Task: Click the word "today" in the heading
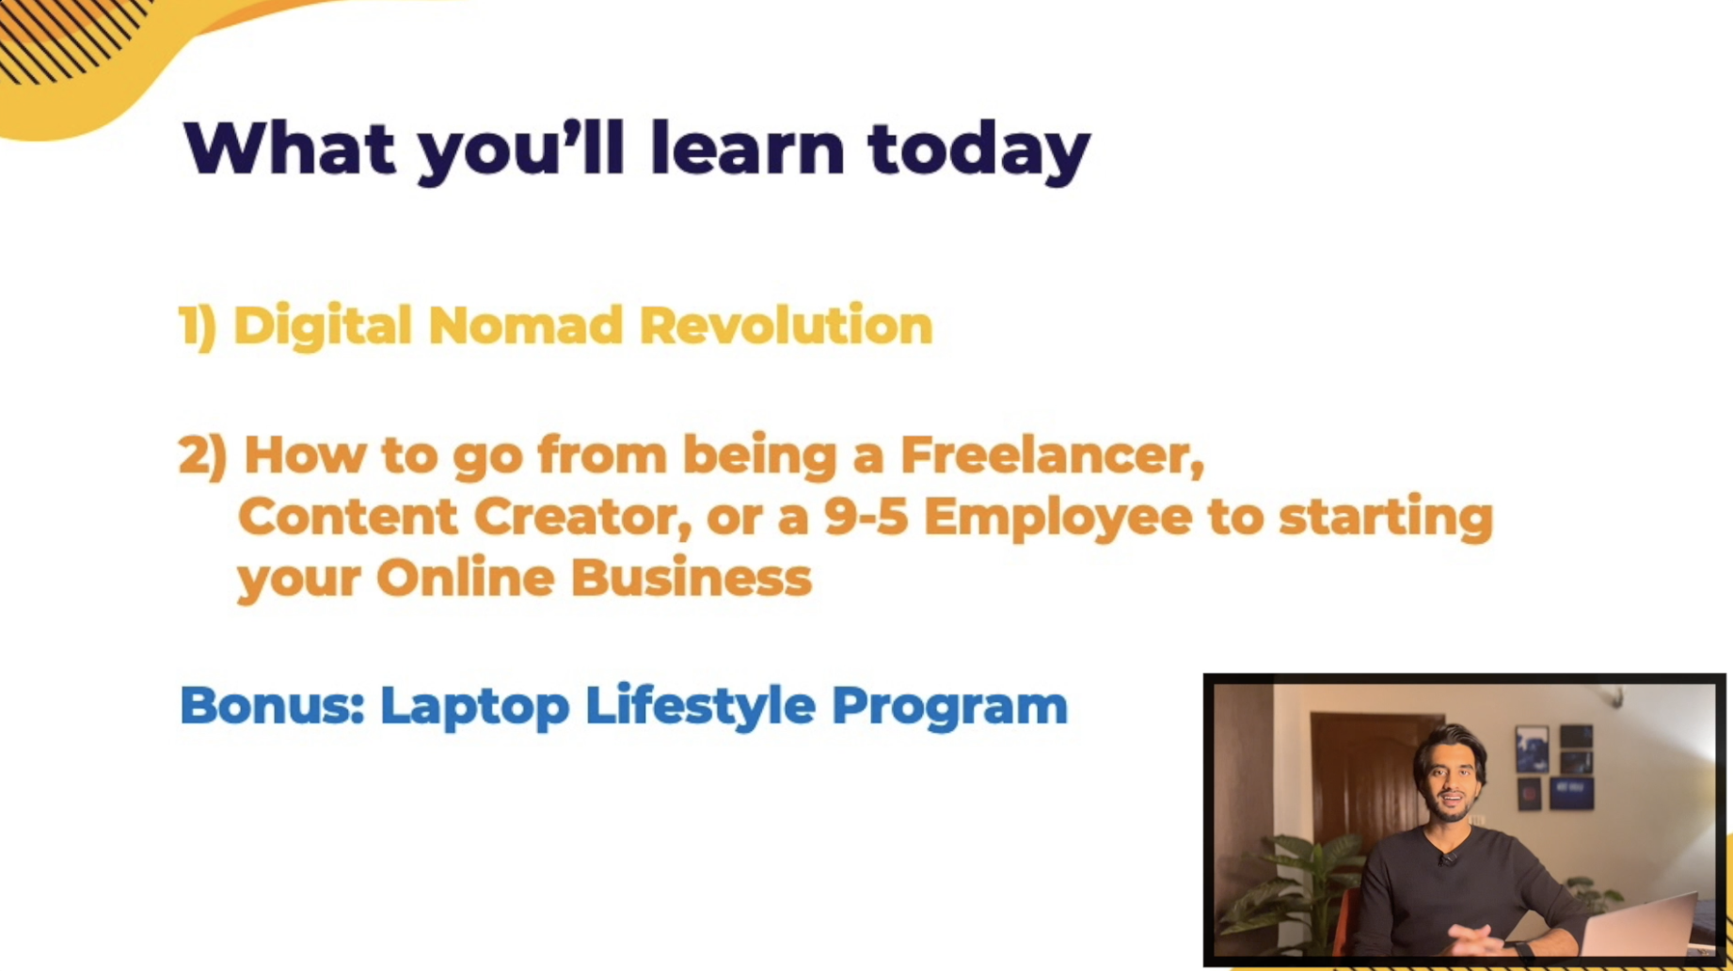click(978, 151)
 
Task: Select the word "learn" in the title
click(747, 148)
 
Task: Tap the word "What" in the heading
click(290, 148)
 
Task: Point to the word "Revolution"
click(786, 326)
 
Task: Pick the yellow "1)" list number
click(198, 326)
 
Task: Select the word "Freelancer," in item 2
click(1052, 456)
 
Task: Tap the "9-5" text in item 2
click(866, 517)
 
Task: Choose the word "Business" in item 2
click(691, 577)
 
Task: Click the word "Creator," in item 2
click(582, 517)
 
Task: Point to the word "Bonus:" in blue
click(272, 705)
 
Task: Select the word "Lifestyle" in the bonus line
click(700, 707)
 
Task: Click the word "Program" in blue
click(949, 708)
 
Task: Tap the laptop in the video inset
click(1642, 927)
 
